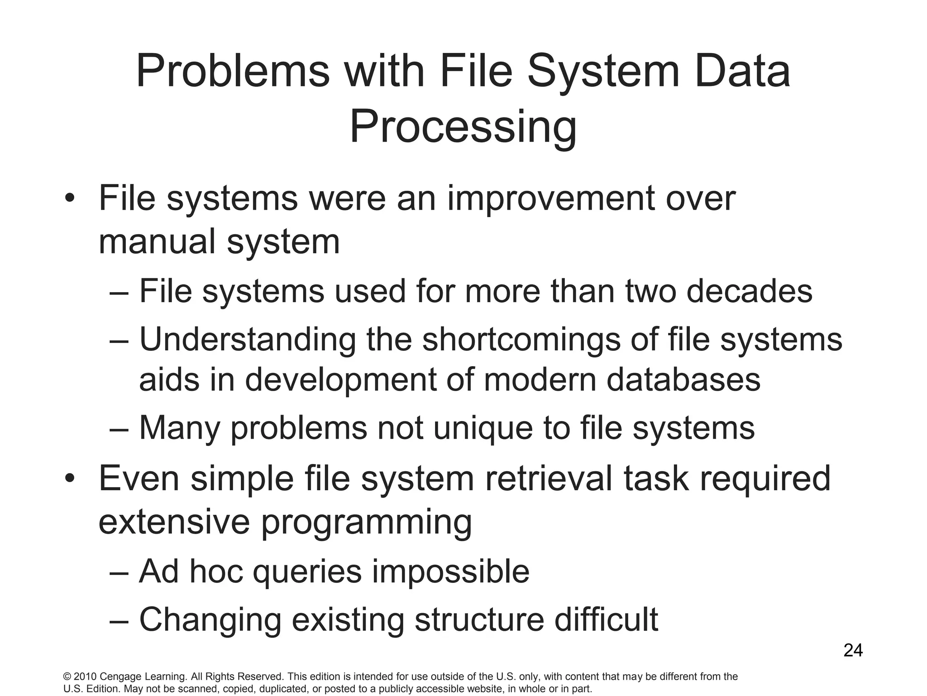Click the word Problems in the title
[x=233, y=72]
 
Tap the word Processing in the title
[x=463, y=127]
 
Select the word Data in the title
[x=742, y=72]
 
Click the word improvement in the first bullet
[x=550, y=199]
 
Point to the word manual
[x=157, y=242]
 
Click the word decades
[x=749, y=291]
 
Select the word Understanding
[x=248, y=340]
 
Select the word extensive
[x=174, y=522]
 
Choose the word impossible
[x=450, y=572]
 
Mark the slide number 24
[x=853, y=651]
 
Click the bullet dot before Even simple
[x=69, y=478]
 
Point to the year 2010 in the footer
[x=85, y=677]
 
